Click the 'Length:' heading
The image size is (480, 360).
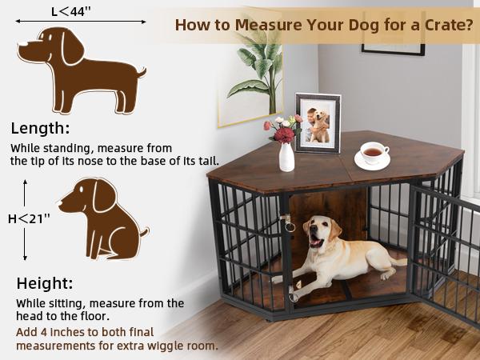coord(40,128)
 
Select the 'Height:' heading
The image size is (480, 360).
coord(45,283)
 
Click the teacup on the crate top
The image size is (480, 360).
coord(372,152)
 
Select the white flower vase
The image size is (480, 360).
coord(286,157)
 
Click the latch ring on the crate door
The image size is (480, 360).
coord(290,226)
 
